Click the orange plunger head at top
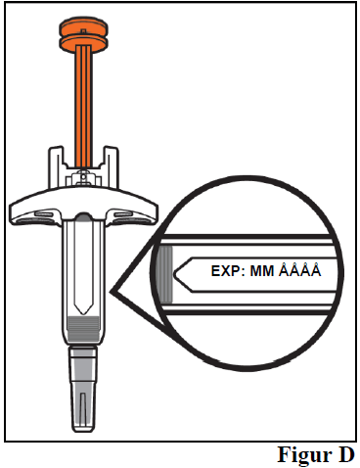pos(83,33)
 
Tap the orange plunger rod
pos(84,106)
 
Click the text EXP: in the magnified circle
pos(228,271)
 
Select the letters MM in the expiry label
pos(262,271)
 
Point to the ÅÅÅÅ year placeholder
pos(300,269)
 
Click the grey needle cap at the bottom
pos(83,390)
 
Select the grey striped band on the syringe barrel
pos(83,328)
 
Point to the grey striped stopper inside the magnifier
pos(165,274)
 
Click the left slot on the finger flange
pos(43,213)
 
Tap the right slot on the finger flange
pos(122,213)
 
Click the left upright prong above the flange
pos(56,167)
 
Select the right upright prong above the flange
pos(111,167)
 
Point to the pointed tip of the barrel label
pos(83,314)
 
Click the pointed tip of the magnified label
pos(174,273)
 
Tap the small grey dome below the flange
pos(83,216)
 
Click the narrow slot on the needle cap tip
pos(83,409)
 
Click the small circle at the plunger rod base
pos(83,176)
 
